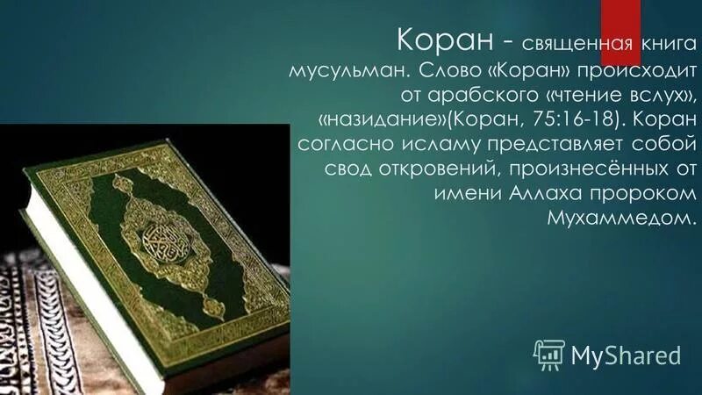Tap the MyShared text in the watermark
pyautogui.click(x=626, y=355)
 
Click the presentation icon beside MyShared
pyautogui.click(x=549, y=353)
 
